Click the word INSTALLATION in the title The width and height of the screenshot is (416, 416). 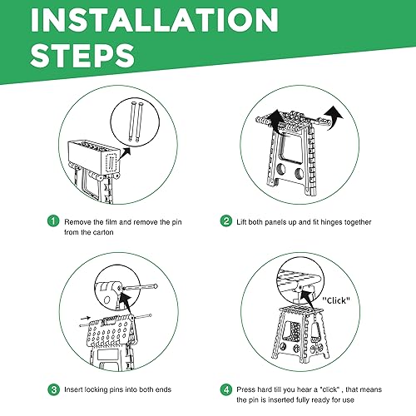[x=154, y=20]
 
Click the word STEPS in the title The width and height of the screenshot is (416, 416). [x=82, y=56]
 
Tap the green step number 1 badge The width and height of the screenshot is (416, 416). [x=53, y=221]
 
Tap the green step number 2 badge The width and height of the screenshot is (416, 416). [x=226, y=221]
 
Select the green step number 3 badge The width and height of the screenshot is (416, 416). [x=53, y=389]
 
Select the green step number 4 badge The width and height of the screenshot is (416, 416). [x=226, y=389]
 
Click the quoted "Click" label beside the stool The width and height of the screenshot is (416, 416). [x=336, y=300]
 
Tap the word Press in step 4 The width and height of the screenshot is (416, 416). [x=244, y=389]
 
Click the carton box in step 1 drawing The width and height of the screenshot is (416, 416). [x=94, y=157]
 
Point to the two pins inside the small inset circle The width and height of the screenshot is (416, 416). [x=135, y=121]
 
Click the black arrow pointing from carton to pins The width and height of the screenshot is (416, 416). [x=124, y=153]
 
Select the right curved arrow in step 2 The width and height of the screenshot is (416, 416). [x=334, y=117]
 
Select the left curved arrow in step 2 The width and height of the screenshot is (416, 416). [x=275, y=120]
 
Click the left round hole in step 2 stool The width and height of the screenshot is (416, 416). [x=281, y=169]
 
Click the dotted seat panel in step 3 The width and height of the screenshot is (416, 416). [x=110, y=332]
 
